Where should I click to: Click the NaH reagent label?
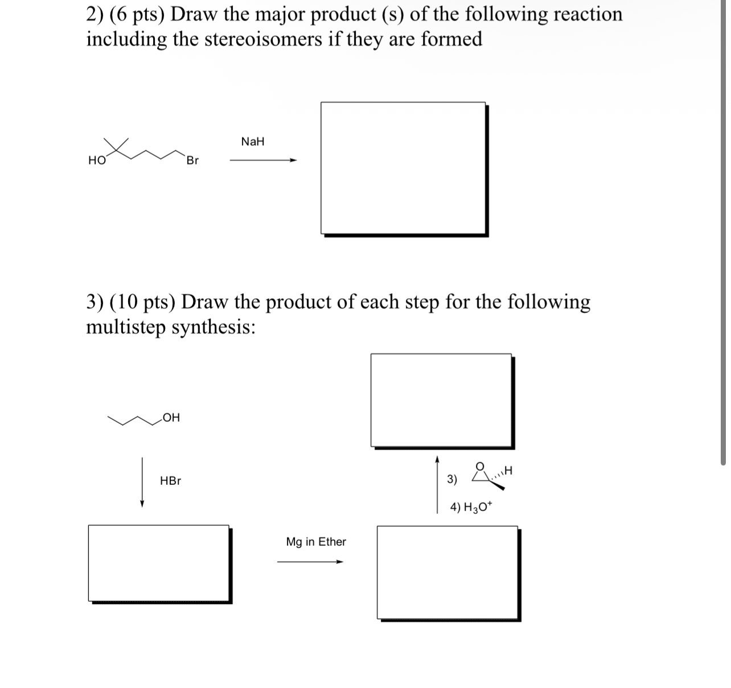[253, 142]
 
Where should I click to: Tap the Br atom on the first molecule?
[192, 161]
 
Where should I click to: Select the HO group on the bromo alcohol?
[97, 161]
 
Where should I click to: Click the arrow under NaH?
[263, 160]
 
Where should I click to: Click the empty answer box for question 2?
[403, 168]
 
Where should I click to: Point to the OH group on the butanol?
[171, 418]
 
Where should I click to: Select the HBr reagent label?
[170, 481]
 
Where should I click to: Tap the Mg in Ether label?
[316, 542]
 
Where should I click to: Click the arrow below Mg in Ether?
[310, 562]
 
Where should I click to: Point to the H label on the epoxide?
[508, 471]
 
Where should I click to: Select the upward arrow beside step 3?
[437, 484]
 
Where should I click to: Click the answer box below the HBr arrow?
[159, 563]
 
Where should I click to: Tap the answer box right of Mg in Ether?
[447, 572]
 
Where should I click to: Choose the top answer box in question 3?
[441, 400]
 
